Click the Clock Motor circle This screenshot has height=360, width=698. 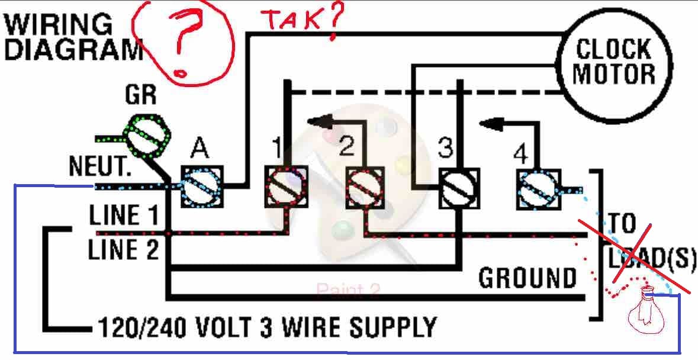614,62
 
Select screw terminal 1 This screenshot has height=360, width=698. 285,187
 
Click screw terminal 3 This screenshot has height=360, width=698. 459,188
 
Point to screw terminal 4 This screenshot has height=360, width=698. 539,188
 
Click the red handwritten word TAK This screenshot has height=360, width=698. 294,20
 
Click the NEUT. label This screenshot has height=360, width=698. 99,166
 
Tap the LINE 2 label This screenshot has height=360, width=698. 123,249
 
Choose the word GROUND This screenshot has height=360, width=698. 527,278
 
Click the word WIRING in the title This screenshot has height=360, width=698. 58,24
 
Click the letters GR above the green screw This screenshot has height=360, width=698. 140,95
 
